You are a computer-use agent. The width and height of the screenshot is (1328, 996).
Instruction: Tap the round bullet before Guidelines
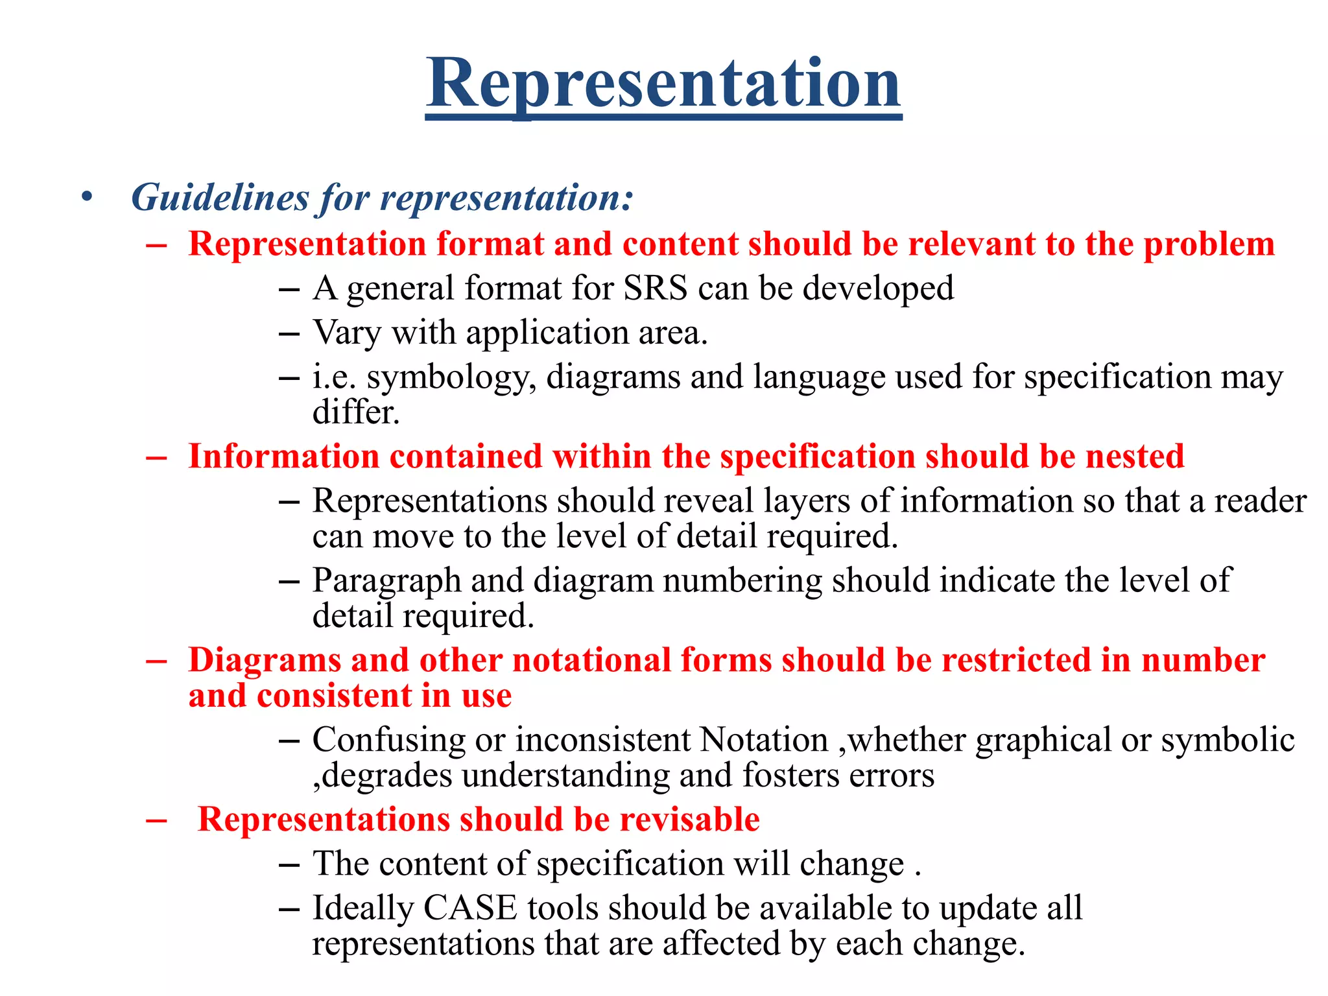pos(88,196)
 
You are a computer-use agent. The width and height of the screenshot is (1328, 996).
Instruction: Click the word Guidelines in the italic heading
pos(220,198)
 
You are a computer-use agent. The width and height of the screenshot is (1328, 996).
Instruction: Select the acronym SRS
pos(655,288)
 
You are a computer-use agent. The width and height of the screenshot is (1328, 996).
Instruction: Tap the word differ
pos(355,412)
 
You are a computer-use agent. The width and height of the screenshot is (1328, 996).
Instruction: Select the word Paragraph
pos(386,581)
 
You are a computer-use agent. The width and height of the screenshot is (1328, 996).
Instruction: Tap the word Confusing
pos(388,740)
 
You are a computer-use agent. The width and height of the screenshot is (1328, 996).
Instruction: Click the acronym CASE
pos(470,908)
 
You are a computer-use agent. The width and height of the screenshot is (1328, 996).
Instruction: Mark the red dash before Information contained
pos(156,457)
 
